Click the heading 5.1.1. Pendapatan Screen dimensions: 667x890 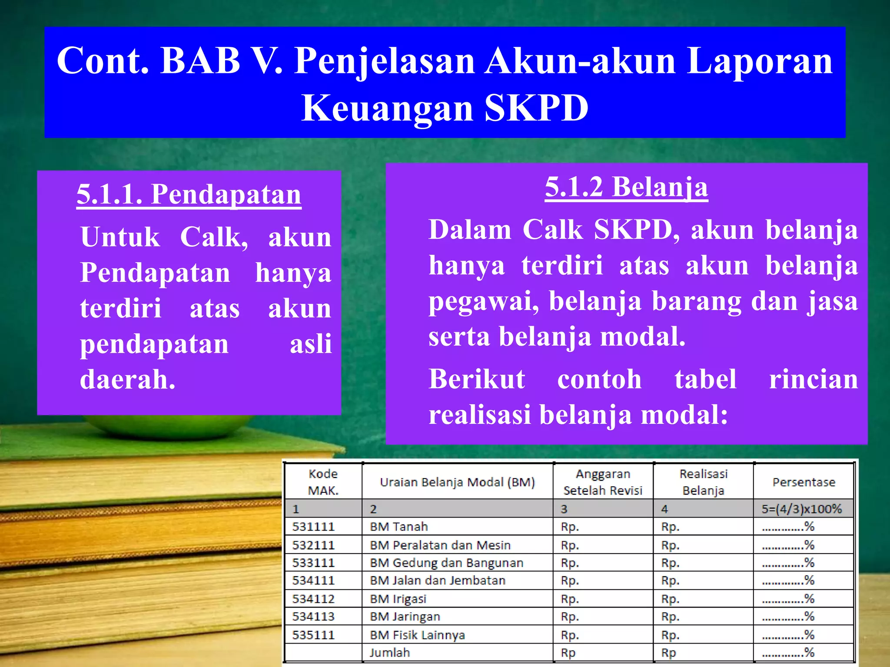point(189,194)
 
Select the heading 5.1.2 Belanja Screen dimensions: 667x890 point(626,187)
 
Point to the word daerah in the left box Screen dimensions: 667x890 point(127,380)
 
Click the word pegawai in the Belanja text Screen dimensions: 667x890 point(484,301)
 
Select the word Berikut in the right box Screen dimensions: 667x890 point(477,379)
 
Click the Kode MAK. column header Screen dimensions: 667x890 point(323,482)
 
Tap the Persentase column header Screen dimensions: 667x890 point(804,482)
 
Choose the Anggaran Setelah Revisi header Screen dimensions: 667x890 point(603,482)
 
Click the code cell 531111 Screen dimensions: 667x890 point(313,527)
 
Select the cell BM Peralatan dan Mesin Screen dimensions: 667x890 point(440,545)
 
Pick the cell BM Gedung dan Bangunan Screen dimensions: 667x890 point(446,563)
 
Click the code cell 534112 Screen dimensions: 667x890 point(313,599)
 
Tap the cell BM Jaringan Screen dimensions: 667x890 point(405,617)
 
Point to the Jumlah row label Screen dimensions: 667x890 point(389,653)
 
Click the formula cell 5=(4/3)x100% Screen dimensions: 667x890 point(801,509)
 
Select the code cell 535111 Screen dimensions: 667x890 point(313,635)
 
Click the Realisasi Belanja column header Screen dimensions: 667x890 point(703,482)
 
